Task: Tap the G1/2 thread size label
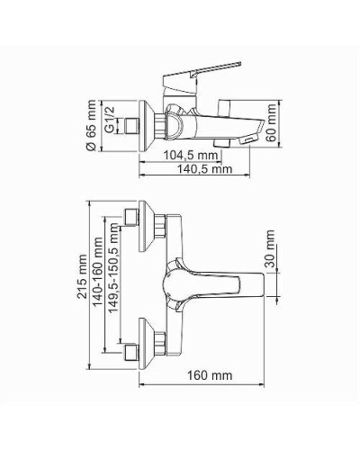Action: tap(109, 117)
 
